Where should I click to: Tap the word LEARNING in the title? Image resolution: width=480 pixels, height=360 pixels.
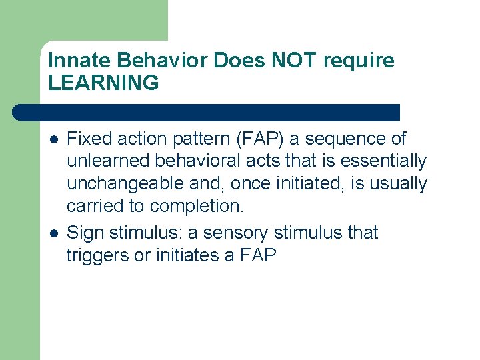coord(104,83)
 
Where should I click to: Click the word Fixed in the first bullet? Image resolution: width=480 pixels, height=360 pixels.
coord(87,139)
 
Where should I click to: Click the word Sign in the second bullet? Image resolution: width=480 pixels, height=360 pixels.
coord(85,233)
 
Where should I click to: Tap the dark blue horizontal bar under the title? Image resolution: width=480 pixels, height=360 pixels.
coord(207,112)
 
